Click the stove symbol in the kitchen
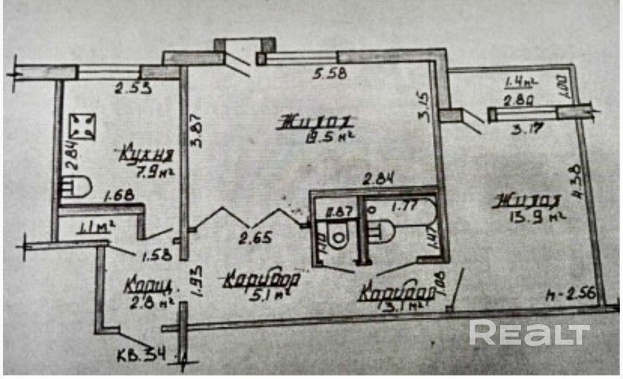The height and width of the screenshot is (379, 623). click(83, 127)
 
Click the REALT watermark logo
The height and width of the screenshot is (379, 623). click(529, 334)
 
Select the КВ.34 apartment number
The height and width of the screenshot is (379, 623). click(141, 354)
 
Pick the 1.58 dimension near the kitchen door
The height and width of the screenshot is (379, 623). click(157, 255)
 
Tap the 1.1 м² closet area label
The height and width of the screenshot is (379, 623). click(97, 229)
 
